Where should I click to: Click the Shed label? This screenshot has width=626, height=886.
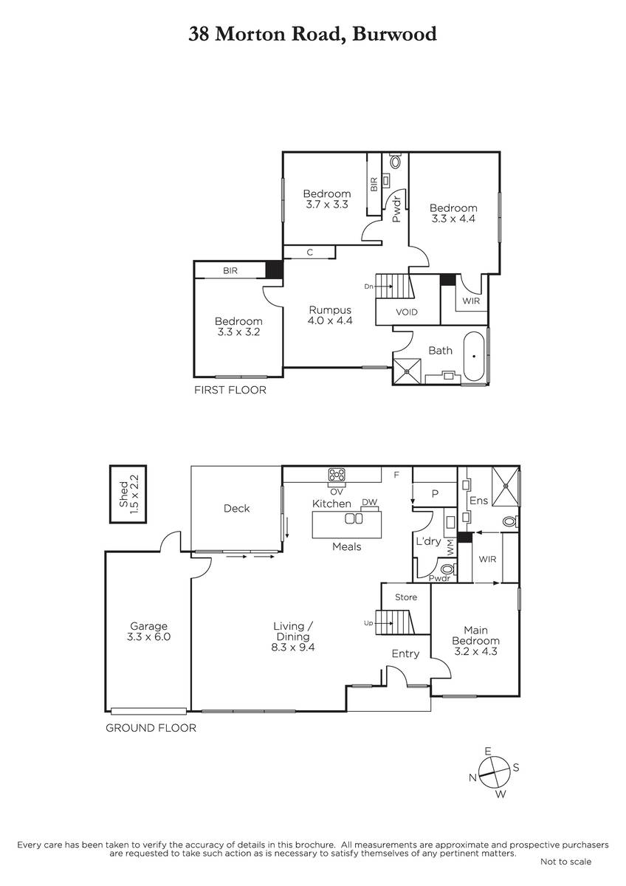pos(124,494)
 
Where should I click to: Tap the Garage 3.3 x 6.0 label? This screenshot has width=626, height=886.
pos(148,631)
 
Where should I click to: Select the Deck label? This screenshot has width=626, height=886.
pos(236,508)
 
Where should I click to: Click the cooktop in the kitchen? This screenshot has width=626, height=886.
pos(336,474)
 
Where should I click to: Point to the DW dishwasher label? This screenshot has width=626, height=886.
pos(369,502)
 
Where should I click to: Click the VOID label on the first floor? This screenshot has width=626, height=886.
pos(407,312)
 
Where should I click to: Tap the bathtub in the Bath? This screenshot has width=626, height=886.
pos(474,356)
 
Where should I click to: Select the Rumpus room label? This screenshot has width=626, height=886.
pos(330,315)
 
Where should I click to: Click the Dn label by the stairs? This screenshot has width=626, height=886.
pos(368,286)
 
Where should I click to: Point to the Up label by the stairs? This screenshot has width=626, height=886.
pos(368,623)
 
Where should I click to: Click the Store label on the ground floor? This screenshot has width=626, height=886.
pos(406,597)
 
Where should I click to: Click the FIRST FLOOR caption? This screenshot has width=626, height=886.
pos(230,390)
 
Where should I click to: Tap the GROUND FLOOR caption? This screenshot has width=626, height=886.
pos(151,728)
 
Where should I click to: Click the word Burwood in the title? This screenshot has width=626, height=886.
pos(394,34)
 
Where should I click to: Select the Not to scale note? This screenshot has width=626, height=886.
pos(565,862)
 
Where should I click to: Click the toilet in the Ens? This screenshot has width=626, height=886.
pos(511,522)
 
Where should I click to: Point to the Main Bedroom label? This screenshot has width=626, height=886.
pos(475,640)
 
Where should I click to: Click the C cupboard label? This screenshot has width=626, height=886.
pos(309,252)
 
